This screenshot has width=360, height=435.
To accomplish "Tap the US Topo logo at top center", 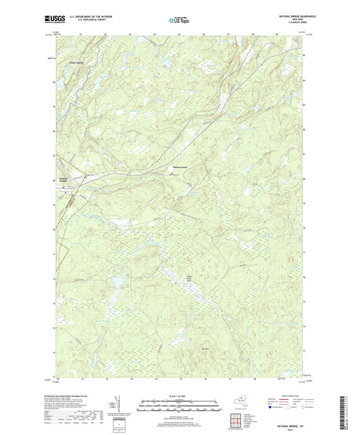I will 179,21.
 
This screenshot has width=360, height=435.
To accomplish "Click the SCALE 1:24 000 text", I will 179,396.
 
